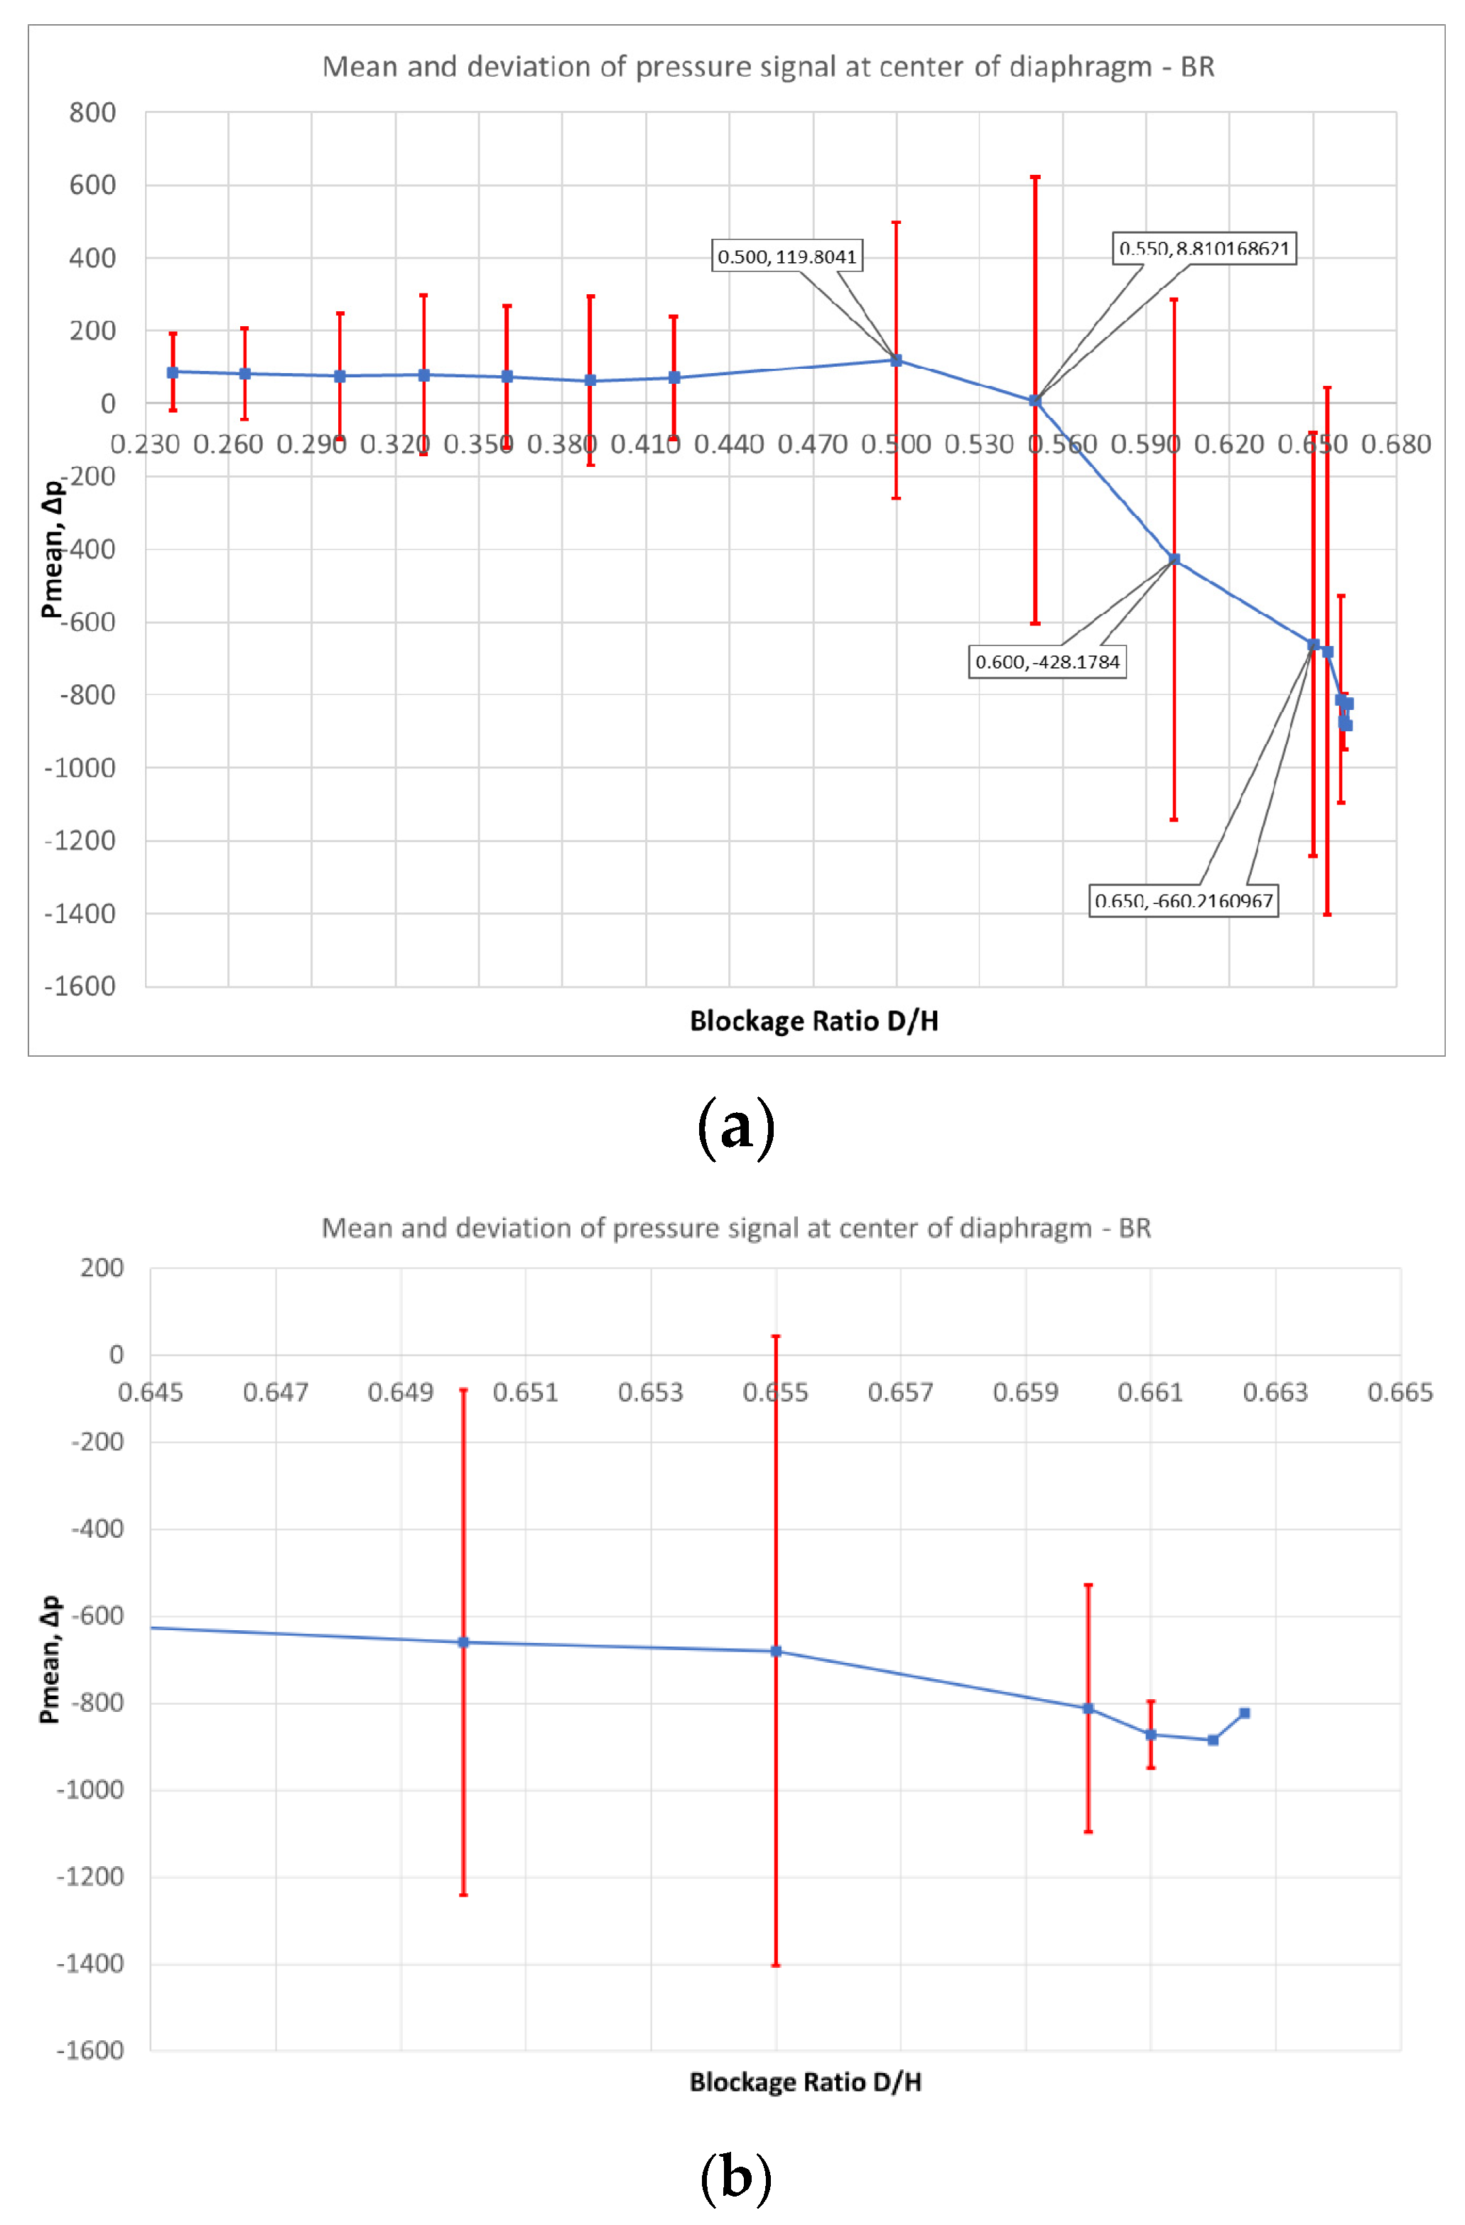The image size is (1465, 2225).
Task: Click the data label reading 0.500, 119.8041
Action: click(x=786, y=256)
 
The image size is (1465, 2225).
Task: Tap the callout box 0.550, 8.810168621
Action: click(x=1204, y=249)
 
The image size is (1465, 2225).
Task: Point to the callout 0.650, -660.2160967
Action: click(x=1183, y=900)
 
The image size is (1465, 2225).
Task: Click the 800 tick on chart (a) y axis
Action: click(x=92, y=113)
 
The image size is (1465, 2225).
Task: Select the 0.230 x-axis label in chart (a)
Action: click(x=145, y=444)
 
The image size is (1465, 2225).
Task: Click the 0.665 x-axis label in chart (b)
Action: click(x=1400, y=1392)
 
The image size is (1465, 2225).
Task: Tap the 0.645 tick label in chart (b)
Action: click(x=151, y=1392)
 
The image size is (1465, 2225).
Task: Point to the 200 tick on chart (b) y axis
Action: click(x=102, y=1268)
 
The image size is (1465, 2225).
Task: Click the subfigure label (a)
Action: click(x=736, y=1126)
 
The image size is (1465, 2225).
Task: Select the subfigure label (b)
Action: click(x=736, y=2175)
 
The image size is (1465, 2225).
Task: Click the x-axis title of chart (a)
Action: click(x=813, y=1021)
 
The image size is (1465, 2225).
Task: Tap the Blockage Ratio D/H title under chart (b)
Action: click(x=805, y=2082)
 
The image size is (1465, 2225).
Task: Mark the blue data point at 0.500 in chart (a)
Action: click(x=896, y=360)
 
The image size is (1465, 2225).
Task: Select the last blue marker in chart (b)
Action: click(x=1243, y=1713)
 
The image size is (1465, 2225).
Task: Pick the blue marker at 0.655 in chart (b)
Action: click(x=775, y=1651)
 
